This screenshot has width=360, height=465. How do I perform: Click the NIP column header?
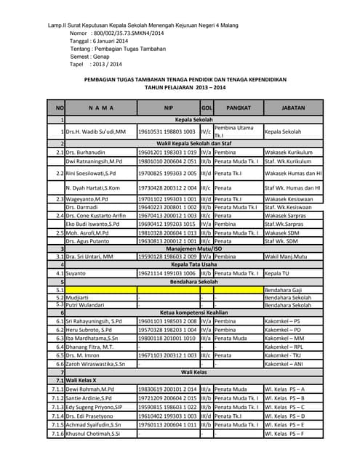(x=168, y=108)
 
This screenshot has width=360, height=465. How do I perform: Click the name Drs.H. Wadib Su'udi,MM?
(x=96, y=132)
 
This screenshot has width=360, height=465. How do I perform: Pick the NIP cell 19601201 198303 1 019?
(x=167, y=153)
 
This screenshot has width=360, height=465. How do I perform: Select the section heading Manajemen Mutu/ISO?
(x=193, y=248)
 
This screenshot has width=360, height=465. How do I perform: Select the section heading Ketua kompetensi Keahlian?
(x=193, y=312)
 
